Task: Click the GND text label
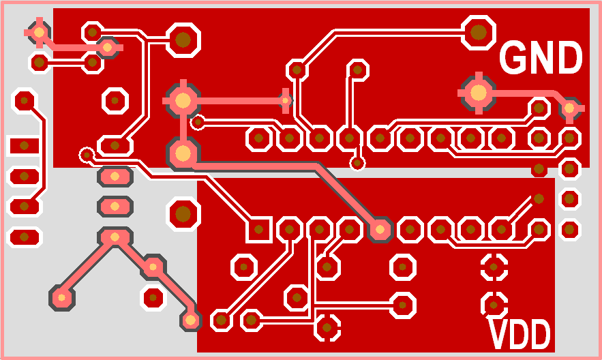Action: [541, 58]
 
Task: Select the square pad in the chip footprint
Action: [258, 230]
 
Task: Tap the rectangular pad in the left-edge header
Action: [25, 145]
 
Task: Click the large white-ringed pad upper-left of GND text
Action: [479, 31]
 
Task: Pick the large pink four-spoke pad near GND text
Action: [479, 92]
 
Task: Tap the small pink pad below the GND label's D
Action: [569, 108]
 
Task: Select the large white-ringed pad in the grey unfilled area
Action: [183, 214]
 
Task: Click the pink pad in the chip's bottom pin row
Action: [380, 230]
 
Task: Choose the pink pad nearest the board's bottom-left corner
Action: [62, 297]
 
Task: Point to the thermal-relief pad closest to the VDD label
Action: [493, 302]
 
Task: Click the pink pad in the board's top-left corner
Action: [39, 31]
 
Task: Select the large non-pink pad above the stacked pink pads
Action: [183, 40]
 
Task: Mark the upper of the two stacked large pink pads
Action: [183, 100]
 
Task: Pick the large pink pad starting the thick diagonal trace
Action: [183, 153]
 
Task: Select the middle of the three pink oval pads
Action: [115, 205]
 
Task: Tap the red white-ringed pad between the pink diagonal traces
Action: [153, 297]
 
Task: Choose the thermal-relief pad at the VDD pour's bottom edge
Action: [328, 328]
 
